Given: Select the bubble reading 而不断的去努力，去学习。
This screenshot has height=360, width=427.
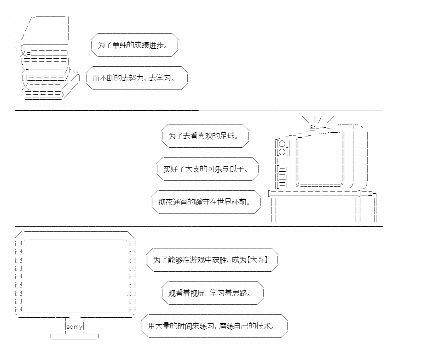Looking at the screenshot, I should click(x=137, y=78).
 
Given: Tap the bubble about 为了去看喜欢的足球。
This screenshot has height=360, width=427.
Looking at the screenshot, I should click(x=206, y=136).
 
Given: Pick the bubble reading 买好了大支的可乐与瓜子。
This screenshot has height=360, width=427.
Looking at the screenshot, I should click(x=208, y=169).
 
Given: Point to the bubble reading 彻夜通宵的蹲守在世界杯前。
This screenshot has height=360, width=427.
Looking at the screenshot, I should click(x=206, y=202).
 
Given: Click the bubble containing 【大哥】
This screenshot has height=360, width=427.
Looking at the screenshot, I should click(x=212, y=260).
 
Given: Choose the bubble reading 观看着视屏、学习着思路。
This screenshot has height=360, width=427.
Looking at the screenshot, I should click(x=213, y=292).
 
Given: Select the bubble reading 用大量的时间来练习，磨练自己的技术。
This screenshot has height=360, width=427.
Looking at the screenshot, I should click(x=215, y=326).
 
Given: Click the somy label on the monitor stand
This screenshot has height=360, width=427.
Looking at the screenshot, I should click(x=75, y=326).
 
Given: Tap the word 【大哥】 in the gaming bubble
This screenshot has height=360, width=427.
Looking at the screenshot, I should click(x=257, y=260).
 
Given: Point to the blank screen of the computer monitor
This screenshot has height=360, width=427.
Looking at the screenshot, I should click(x=75, y=276).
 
